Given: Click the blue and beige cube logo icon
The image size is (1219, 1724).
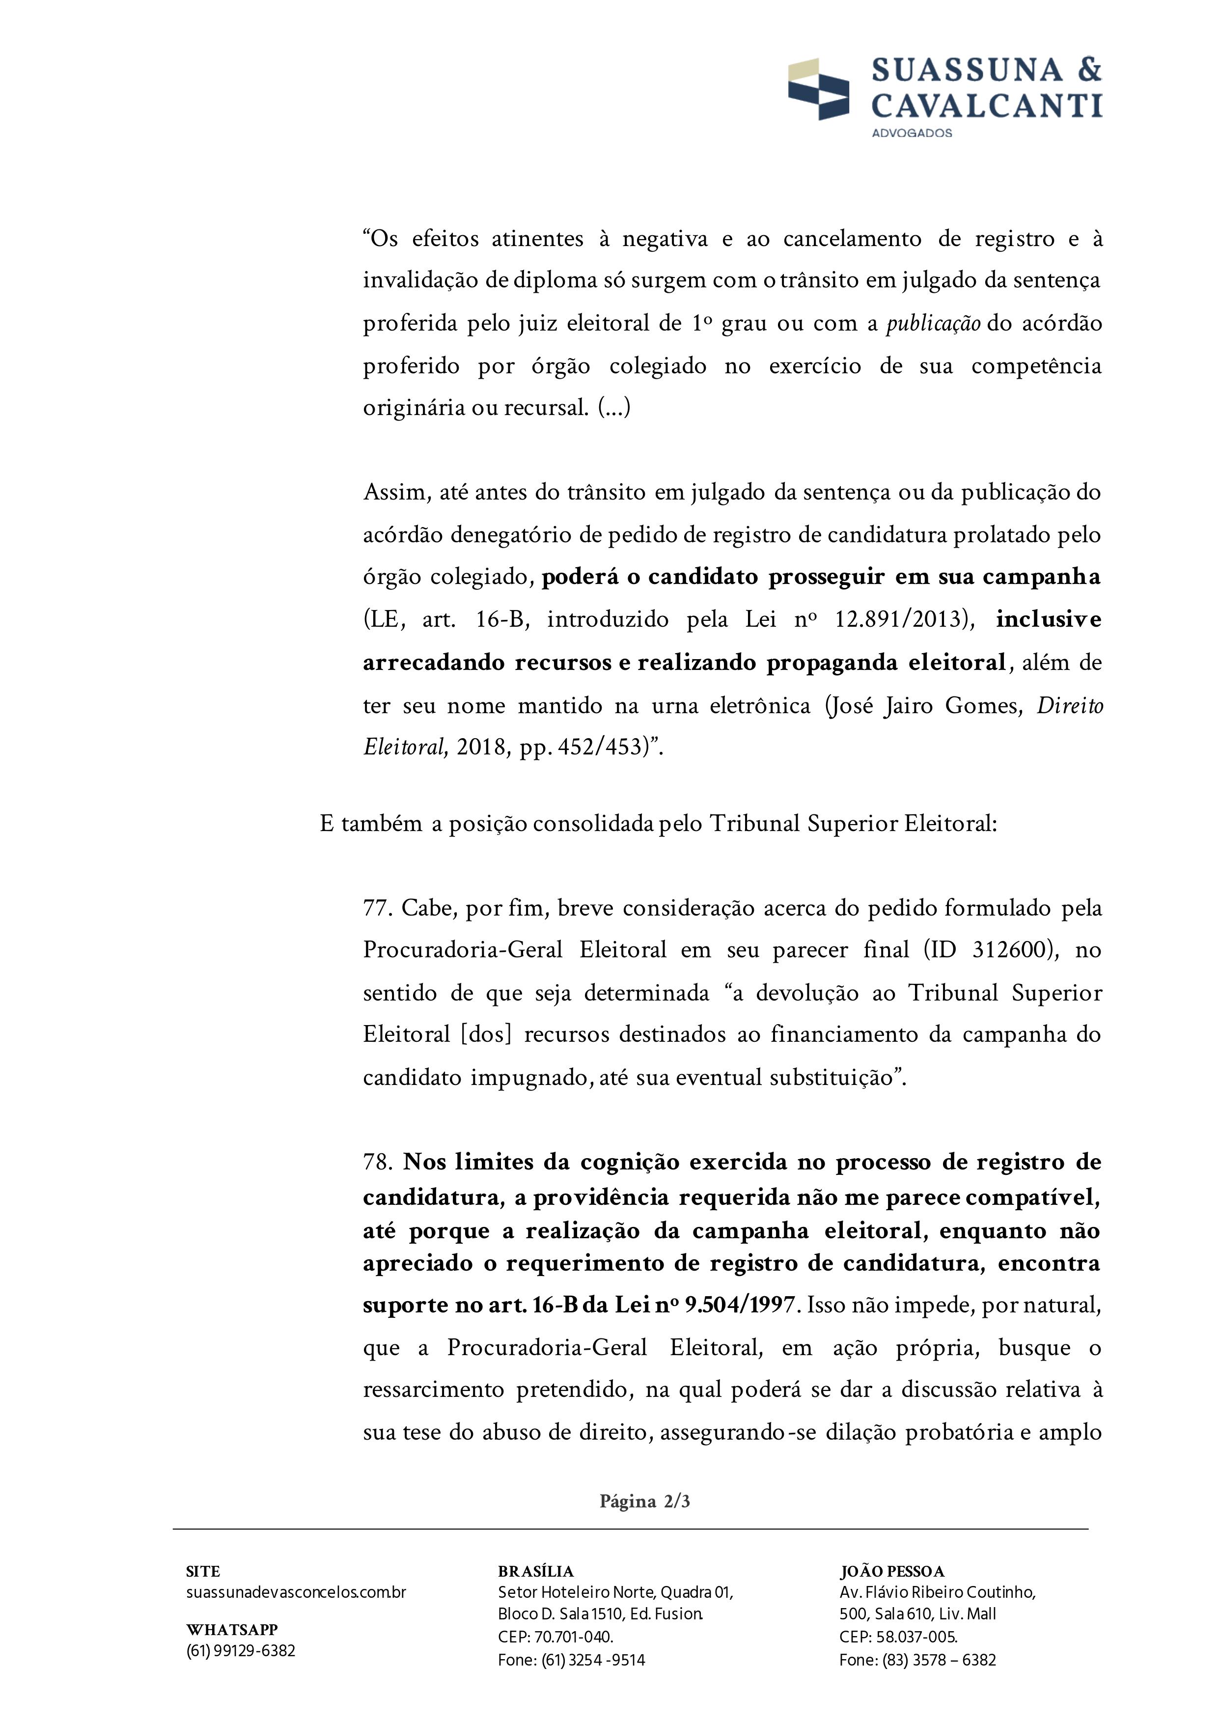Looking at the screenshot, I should coord(818,88).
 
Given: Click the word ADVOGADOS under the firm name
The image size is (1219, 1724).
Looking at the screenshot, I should coord(911,133).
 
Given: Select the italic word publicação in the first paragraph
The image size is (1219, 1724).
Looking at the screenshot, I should coord(933,324).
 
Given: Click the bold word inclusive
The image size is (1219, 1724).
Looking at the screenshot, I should coord(1048,619).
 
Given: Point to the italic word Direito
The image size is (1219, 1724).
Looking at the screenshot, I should coord(1070,706).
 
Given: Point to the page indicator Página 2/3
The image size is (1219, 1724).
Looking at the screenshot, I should coord(644,1501).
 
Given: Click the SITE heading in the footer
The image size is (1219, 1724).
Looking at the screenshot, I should coord(203,1572).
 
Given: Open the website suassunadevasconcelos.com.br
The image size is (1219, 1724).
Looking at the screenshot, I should coord(296,1592).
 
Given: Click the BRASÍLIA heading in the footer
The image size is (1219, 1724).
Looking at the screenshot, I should coord(535,1572).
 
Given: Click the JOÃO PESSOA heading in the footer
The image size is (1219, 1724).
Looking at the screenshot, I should coord(892,1572).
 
